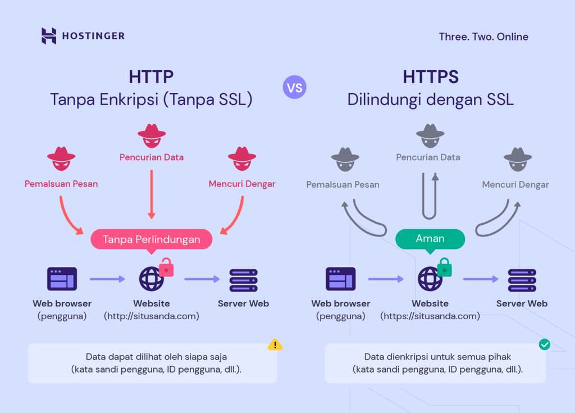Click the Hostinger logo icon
(x=49, y=36)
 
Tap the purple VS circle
(x=295, y=88)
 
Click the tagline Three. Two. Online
(x=483, y=37)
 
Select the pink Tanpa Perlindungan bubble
(x=151, y=239)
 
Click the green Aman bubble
(x=430, y=239)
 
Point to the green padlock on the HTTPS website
(x=445, y=267)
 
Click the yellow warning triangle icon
(x=275, y=344)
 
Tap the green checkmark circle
(x=544, y=344)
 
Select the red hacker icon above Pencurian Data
(x=152, y=135)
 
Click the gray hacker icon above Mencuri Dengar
(x=517, y=160)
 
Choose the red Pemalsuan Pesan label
(x=61, y=184)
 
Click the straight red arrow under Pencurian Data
(x=151, y=194)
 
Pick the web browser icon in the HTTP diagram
(x=62, y=279)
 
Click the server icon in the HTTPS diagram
(x=522, y=279)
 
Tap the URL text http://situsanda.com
(x=152, y=316)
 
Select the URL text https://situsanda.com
(x=430, y=316)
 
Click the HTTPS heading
(x=430, y=76)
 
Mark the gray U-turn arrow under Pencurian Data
(x=430, y=197)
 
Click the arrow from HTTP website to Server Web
(x=202, y=279)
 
